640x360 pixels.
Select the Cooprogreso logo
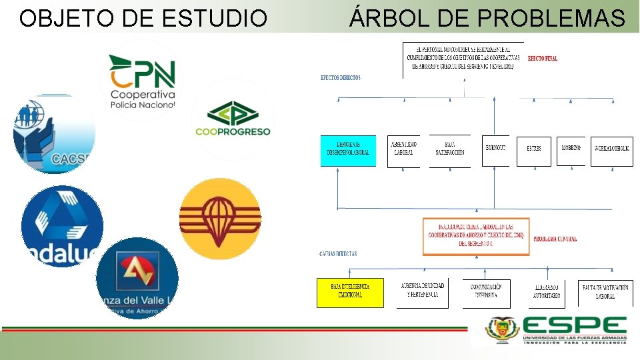click(232, 119)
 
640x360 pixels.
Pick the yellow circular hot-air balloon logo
click(221, 219)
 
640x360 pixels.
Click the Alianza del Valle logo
click(137, 278)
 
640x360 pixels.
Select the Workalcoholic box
click(611, 151)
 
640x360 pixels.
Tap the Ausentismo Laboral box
click(403, 151)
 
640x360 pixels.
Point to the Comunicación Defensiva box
click(486, 293)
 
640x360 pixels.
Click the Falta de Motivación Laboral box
click(605, 293)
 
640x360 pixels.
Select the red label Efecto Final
click(542, 59)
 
